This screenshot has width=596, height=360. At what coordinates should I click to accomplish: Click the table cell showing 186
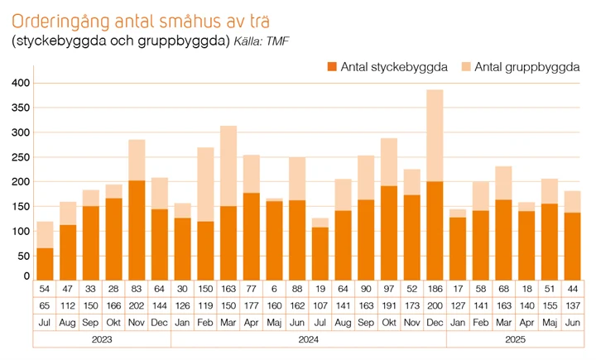click(435, 290)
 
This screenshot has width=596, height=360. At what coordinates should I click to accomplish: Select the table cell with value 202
click(137, 305)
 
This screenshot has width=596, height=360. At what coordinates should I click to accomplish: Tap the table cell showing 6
click(274, 290)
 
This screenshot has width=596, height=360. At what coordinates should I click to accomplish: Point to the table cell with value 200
click(435, 305)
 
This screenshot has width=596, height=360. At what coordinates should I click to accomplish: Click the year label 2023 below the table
click(102, 338)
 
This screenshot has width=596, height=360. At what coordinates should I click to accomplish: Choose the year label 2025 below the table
click(515, 338)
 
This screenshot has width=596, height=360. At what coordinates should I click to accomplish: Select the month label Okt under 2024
click(389, 321)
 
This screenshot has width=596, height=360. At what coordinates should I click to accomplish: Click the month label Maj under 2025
click(549, 321)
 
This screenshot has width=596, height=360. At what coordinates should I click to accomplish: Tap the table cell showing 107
click(320, 305)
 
